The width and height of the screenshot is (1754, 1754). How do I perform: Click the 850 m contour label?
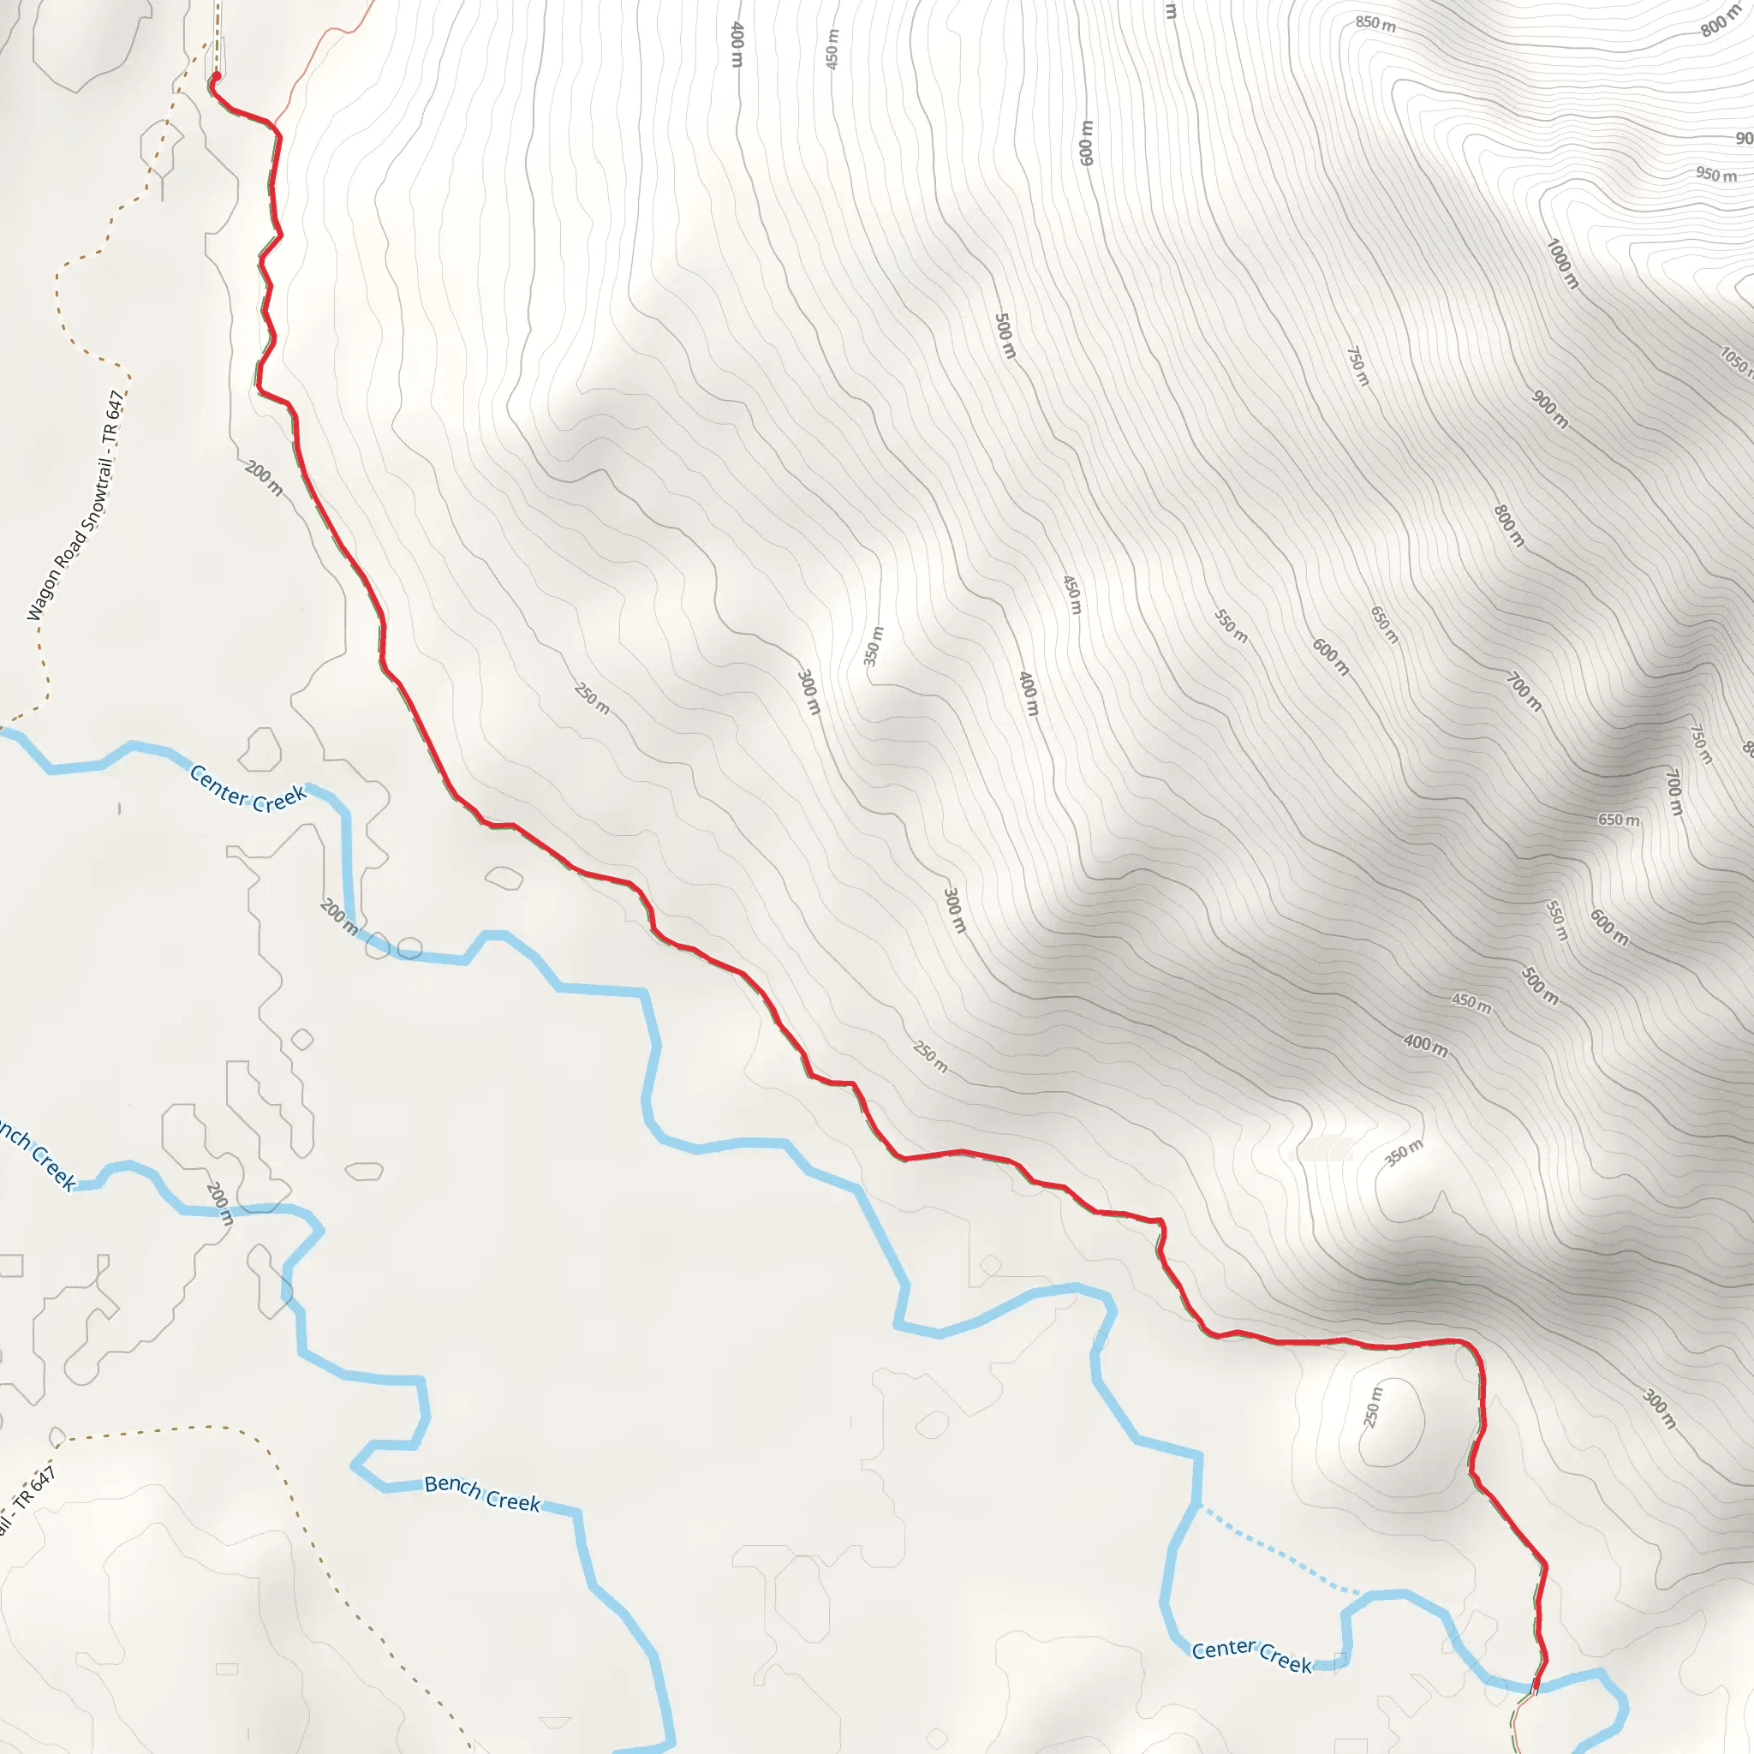(1375, 25)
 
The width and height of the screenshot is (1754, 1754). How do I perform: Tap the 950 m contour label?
(1715, 175)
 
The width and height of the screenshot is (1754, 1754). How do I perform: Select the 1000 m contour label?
(1562, 264)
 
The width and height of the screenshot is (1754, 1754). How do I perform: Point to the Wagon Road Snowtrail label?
(75, 507)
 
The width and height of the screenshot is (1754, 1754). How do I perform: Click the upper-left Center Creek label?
(248, 788)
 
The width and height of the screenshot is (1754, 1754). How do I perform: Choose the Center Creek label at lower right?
(1252, 1655)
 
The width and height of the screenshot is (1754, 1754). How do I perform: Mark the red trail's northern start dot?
(216, 77)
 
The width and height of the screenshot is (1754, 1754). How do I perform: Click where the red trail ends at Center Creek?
(1536, 1685)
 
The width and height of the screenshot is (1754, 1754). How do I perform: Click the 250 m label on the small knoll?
(1373, 1406)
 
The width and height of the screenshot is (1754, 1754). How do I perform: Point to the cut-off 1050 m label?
(1736, 361)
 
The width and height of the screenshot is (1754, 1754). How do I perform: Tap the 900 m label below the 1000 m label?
(1549, 409)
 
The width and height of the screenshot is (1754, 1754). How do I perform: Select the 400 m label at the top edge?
(737, 44)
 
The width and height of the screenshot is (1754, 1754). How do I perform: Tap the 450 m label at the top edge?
(832, 49)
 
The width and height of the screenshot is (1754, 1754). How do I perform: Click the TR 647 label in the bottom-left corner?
(27, 1500)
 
